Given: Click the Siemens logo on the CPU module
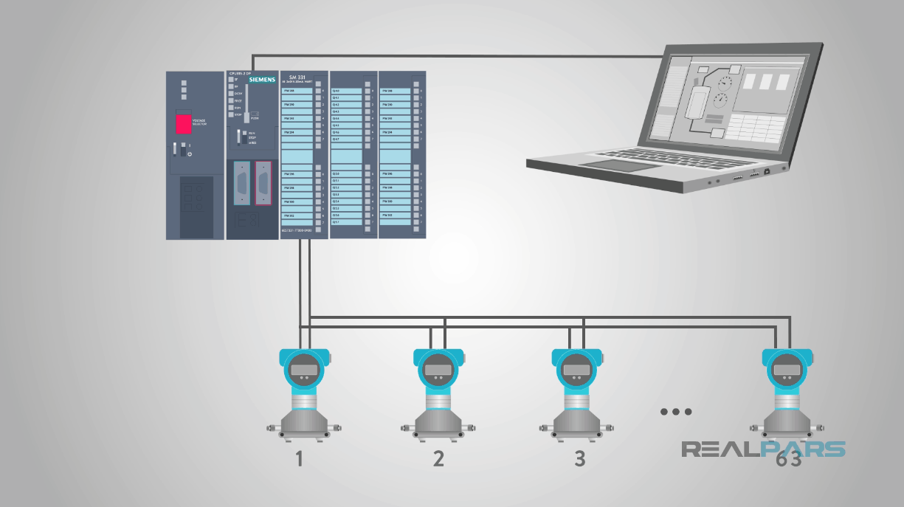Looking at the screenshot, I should pyautogui.click(x=262, y=80).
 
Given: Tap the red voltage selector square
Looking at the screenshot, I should pyautogui.click(x=182, y=123).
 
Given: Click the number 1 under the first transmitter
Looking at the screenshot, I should pyautogui.click(x=299, y=459).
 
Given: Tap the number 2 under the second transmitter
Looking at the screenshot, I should pyautogui.click(x=439, y=459).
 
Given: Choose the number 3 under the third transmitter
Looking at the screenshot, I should pyautogui.click(x=579, y=459).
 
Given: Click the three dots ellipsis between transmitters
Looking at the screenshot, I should pyautogui.click(x=676, y=412).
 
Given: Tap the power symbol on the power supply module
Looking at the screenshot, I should pyautogui.click(x=190, y=153).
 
